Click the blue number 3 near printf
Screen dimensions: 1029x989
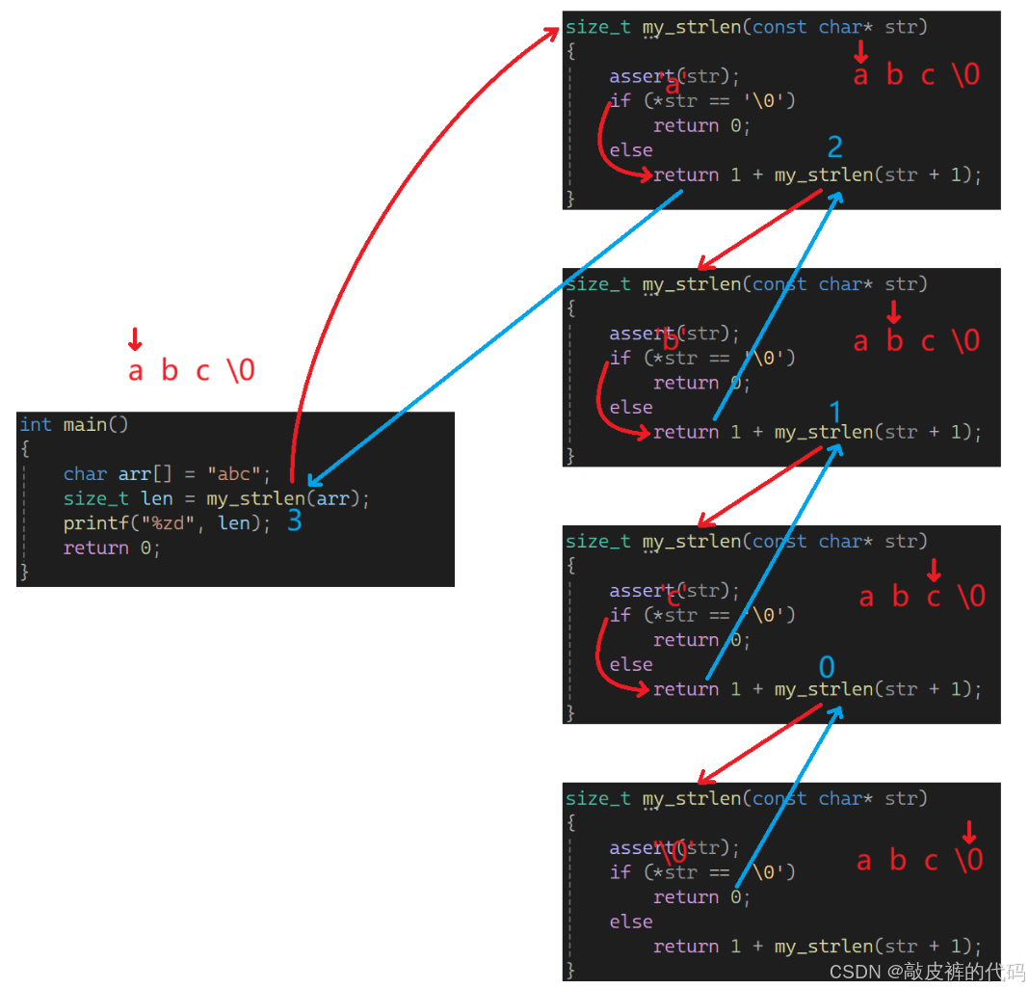[x=295, y=521]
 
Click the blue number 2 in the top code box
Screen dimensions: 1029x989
[x=835, y=147]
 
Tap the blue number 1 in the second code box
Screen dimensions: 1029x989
[x=835, y=413]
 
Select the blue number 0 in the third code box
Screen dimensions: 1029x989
[x=827, y=667]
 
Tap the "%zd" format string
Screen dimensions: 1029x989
[x=167, y=523]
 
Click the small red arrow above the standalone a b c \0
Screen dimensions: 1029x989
[x=135, y=338]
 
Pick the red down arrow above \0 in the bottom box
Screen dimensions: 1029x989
[x=969, y=832]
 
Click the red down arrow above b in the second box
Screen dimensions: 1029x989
[x=893, y=311]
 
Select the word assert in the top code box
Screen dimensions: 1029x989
[x=641, y=77]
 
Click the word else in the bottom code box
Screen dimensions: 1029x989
[x=631, y=922]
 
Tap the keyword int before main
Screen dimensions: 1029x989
[x=36, y=424]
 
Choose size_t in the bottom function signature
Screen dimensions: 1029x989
[x=597, y=798]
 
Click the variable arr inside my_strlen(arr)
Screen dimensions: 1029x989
[x=333, y=499]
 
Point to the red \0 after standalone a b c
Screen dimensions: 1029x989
[x=240, y=371]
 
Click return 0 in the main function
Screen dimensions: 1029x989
[x=109, y=548]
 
